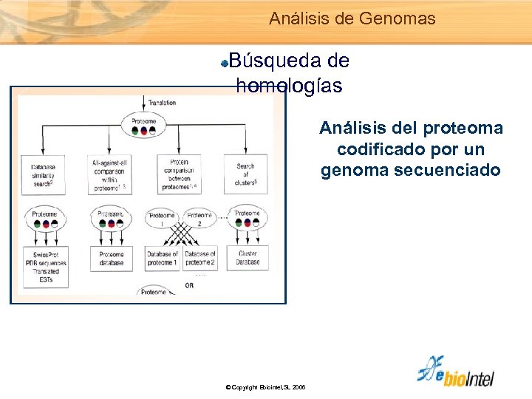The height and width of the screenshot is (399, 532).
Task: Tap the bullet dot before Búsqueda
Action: pyautogui.click(x=225, y=64)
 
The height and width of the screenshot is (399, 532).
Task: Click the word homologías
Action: pyautogui.click(x=289, y=86)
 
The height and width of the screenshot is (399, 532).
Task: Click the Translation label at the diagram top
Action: pyautogui.click(x=162, y=103)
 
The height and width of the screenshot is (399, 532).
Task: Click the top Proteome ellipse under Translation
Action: pyautogui.click(x=143, y=126)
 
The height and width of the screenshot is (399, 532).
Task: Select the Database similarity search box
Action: pyautogui.click(x=44, y=175)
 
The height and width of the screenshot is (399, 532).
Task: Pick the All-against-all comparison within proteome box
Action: pyautogui.click(x=111, y=175)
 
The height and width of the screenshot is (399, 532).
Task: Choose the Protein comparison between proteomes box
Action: pyautogui.click(x=179, y=174)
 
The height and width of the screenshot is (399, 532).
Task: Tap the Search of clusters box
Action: pyautogui.click(x=245, y=174)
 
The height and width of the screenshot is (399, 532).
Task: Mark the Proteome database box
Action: pyautogui.click(x=112, y=259)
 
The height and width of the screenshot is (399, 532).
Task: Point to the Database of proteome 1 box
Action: pyautogui.click(x=162, y=259)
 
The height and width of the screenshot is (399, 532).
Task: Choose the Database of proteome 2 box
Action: pyautogui.click(x=199, y=259)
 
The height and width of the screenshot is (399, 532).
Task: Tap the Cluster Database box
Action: pyautogui.click(x=248, y=258)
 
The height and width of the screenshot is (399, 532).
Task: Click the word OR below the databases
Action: pyautogui.click(x=189, y=285)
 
